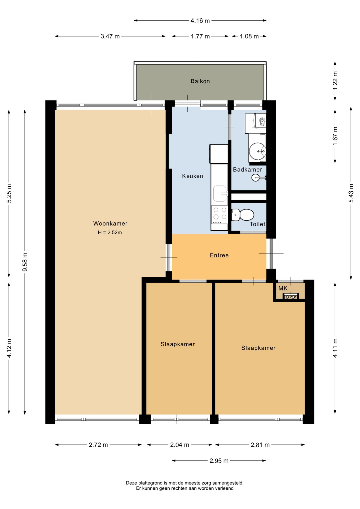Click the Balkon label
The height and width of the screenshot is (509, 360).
click(200, 81)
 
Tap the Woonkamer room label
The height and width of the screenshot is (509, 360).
click(110, 223)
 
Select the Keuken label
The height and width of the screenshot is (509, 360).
click(192, 176)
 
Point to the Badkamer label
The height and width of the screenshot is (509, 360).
click(247, 170)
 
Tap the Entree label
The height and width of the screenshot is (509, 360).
click(219, 255)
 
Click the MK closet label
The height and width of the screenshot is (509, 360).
click(283, 288)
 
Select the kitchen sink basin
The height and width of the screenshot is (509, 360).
click(220, 194)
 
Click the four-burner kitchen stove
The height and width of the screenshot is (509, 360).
click(220, 214)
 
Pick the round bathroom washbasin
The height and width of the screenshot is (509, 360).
click(257, 151)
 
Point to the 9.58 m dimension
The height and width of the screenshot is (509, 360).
click(25, 262)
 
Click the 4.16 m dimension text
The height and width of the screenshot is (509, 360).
click(200, 21)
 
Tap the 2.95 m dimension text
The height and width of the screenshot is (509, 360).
click(219, 461)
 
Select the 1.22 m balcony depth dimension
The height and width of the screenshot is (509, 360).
click(335, 81)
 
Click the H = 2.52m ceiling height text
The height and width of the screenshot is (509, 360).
click(110, 232)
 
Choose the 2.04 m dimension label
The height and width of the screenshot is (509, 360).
click(180, 445)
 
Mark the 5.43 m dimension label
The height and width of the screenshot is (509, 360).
click(351, 193)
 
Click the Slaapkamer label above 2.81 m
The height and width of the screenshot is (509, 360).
click(258, 348)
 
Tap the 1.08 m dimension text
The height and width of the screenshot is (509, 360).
click(249, 36)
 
